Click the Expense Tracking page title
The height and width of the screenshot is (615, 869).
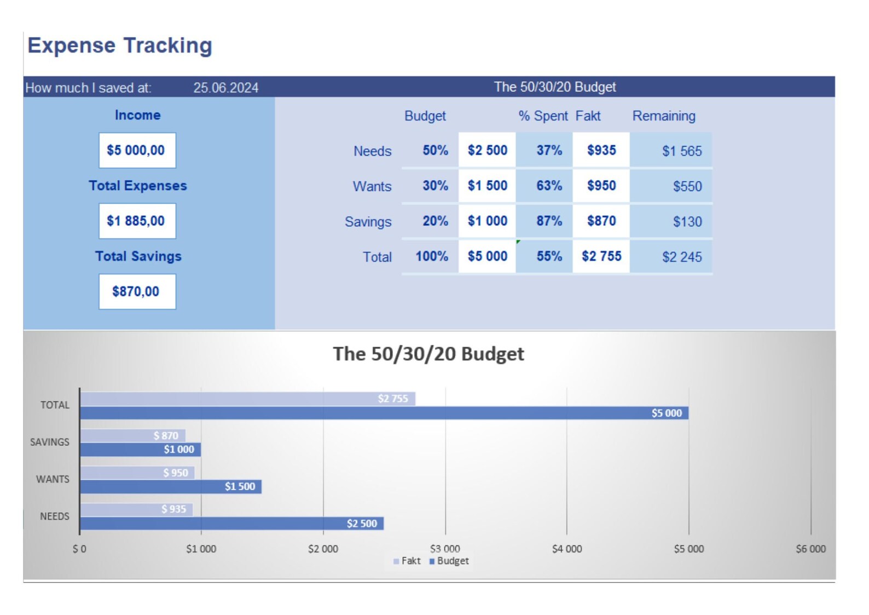tap(120, 45)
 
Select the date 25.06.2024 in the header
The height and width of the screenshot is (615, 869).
tap(225, 88)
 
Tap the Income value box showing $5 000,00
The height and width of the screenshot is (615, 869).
tap(137, 150)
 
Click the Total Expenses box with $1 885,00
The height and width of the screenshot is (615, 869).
tap(137, 221)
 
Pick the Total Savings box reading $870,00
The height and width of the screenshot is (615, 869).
tap(137, 291)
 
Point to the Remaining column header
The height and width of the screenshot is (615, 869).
tap(663, 116)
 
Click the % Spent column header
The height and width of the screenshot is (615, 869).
tap(543, 116)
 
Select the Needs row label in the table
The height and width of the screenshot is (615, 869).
tap(372, 151)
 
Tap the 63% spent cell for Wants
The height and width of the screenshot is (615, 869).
tap(548, 186)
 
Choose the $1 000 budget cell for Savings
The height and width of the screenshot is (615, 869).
tap(487, 221)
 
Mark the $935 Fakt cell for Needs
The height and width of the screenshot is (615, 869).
tap(601, 150)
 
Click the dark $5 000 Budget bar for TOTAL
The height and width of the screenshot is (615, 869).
tap(383, 413)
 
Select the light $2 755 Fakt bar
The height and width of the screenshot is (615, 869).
tap(246, 399)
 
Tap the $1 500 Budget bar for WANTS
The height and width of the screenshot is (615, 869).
tap(170, 486)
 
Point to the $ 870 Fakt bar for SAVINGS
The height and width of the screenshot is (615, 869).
tap(131, 435)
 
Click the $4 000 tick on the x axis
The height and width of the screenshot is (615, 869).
tap(566, 549)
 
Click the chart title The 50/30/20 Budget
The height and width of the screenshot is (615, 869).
tap(428, 354)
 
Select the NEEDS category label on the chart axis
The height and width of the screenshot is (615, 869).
tap(54, 516)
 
